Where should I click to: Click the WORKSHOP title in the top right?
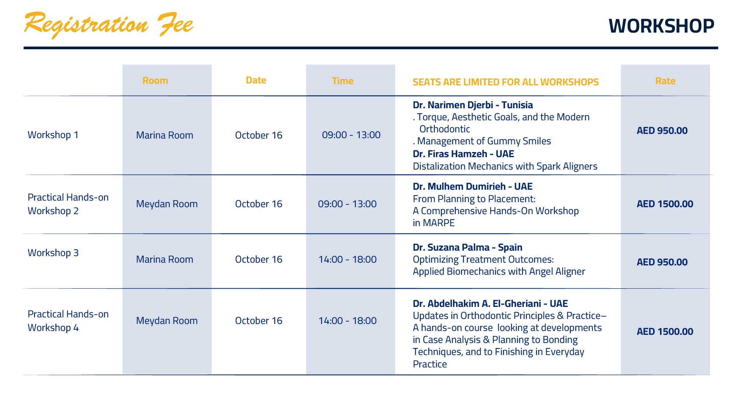pyautogui.click(x=661, y=26)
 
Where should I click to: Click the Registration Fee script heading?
pyautogui.click(x=109, y=24)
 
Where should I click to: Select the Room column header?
pyautogui.click(x=155, y=81)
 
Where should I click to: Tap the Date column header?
pyautogui.click(x=256, y=80)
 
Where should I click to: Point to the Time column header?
pyautogui.click(x=343, y=81)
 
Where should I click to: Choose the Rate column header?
pyautogui.click(x=665, y=81)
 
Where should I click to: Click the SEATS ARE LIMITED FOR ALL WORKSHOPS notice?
pyautogui.click(x=505, y=82)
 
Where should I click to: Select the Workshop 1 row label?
pyautogui.click(x=53, y=135)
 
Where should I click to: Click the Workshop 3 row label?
pyautogui.click(x=53, y=253)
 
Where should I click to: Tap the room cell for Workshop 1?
pyautogui.click(x=164, y=135)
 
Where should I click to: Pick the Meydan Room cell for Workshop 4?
pyautogui.click(x=167, y=321)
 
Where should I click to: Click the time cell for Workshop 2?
pyautogui.click(x=347, y=204)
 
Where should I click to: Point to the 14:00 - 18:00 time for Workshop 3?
pyautogui.click(x=347, y=260)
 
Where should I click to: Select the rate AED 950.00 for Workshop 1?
pyautogui.click(x=662, y=131)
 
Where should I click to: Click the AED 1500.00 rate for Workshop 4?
pyautogui.click(x=665, y=332)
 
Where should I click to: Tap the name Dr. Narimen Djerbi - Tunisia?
pyautogui.click(x=473, y=105)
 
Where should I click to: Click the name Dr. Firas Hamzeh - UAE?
pyautogui.click(x=463, y=154)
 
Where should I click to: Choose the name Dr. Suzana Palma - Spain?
pyautogui.click(x=467, y=248)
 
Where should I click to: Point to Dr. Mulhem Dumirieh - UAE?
pyautogui.click(x=472, y=187)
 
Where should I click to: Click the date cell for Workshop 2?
pyautogui.click(x=259, y=204)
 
